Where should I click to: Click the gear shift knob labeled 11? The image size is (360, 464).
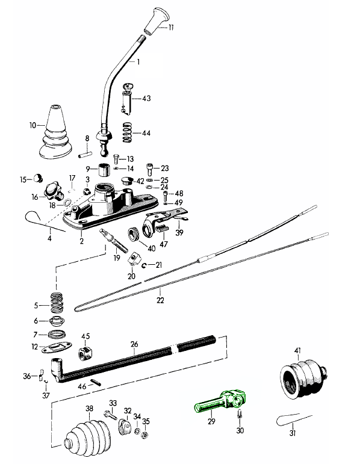coord(157,21)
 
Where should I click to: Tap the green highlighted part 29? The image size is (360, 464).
coord(220,401)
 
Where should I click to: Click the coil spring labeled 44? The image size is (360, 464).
coord(128,132)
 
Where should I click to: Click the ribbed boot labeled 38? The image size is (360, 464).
coord(88,435)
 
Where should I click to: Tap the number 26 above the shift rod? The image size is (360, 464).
coord(134,344)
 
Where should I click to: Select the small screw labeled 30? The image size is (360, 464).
coord(240,413)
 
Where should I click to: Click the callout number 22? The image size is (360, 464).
coord(160,300)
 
